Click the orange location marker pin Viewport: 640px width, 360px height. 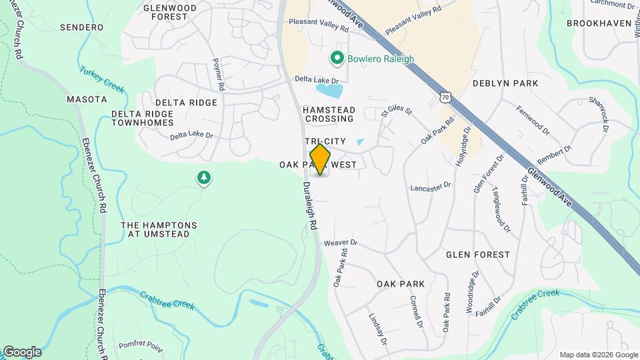[321, 159]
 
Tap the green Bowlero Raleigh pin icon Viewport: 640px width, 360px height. [338, 59]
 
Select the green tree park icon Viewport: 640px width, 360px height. [204, 178]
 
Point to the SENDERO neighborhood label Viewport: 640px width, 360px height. [81, 27]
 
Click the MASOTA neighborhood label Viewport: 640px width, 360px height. [87, 99]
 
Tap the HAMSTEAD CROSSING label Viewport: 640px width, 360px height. [329, 114]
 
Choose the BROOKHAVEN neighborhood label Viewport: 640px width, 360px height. [598, 23]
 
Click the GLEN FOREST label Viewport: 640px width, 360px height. [477, 255]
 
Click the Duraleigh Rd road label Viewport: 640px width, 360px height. [309, 207]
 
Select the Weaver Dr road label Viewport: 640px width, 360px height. [341, 243]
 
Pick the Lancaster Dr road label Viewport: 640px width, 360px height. [431, 187]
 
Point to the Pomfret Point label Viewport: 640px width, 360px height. [141, 345]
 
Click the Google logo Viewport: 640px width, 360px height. [22, 352]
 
